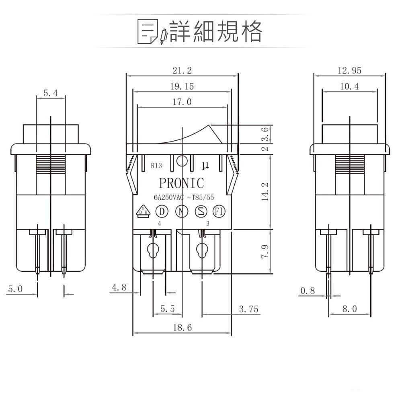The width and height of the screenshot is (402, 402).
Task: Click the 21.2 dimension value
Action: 182,70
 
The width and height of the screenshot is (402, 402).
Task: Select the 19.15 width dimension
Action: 182,86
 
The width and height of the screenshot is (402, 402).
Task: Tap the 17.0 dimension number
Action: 182,102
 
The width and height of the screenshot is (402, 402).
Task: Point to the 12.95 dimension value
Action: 349,70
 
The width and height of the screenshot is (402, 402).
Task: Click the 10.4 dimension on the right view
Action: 349,86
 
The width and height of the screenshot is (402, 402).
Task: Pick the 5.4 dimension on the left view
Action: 51,93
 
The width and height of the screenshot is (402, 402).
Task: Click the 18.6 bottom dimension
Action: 182,328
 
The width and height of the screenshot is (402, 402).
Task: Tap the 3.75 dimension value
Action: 248,309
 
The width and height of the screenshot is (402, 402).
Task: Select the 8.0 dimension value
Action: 349,309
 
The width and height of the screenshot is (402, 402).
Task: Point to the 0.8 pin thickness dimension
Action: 308,291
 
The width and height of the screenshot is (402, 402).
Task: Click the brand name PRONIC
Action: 182,183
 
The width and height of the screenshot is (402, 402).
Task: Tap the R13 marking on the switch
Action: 157,165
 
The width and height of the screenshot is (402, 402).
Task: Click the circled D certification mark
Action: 161,211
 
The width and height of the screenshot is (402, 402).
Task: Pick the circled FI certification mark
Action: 219,211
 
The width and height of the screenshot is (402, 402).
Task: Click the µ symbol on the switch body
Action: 205,165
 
